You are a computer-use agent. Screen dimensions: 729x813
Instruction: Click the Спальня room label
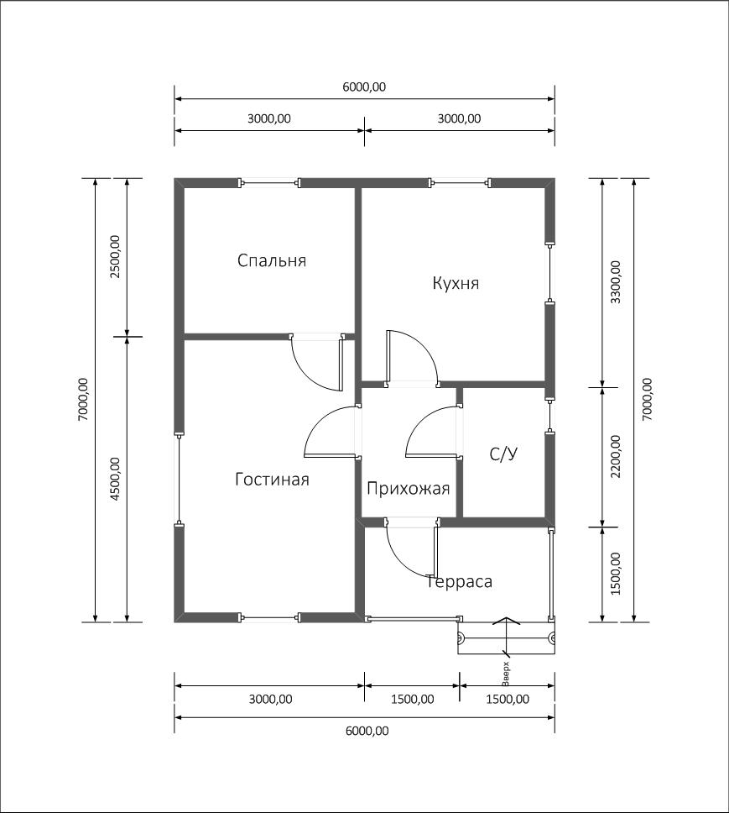tap(271, 260)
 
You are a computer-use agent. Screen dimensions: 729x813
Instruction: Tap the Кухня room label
tap(456, 283)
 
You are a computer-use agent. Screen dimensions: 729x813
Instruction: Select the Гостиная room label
tap(272, 479)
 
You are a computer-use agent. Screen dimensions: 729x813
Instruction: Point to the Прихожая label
tap(408, 489)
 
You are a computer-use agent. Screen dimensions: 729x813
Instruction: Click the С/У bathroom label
tap(503, 454)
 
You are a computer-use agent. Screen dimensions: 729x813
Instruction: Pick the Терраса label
tap(460, 582)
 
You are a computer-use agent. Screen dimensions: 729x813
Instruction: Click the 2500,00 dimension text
tap(114, 257)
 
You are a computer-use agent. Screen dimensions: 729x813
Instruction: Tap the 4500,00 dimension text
tap(114, 479)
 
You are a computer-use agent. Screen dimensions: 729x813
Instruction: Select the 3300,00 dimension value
tap(615, 282)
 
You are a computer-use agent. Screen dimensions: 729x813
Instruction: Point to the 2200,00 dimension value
tap(615, 456)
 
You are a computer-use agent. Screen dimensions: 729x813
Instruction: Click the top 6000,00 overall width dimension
tap(364, 87)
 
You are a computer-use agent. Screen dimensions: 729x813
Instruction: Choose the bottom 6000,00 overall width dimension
tap(367, 731)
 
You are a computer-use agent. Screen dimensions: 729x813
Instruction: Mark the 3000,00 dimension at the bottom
tap(270, 699)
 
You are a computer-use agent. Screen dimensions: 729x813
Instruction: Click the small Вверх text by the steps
tap(506, 674)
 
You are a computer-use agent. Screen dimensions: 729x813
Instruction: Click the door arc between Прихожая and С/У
tap(419, 419)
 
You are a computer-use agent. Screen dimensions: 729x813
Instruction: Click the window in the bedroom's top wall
tap(270, 182)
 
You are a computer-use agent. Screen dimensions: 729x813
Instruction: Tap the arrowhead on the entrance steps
tap(506, 622)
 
